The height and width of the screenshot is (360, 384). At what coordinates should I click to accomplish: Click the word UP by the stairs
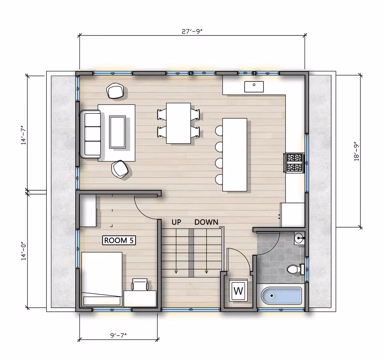177,222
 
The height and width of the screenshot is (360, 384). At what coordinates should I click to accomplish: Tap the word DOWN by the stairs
206,222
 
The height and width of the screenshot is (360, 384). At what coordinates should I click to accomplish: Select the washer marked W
238,291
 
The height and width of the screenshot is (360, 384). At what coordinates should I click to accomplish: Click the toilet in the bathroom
294,270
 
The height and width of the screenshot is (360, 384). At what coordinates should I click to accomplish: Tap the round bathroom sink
299,238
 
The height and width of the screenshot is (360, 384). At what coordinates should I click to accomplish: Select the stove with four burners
294,162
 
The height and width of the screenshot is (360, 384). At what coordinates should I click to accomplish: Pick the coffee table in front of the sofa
118,132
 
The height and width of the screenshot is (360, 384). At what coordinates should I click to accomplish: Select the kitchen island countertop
234,154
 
